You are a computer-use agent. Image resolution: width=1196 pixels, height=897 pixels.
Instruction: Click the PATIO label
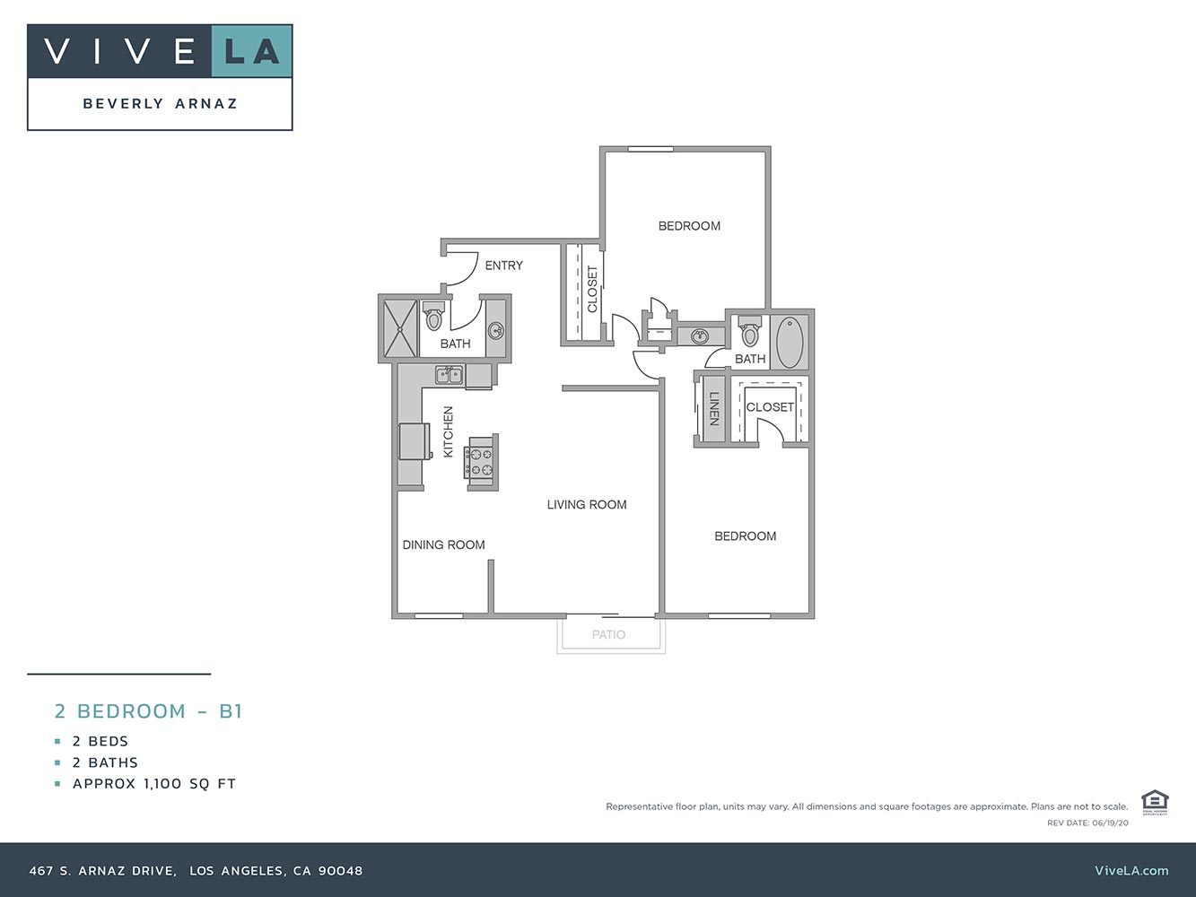[608, 635]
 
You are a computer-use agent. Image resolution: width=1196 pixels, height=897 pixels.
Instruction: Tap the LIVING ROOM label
[587, 505]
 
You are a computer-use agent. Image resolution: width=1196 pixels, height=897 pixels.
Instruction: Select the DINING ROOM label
[443, 544]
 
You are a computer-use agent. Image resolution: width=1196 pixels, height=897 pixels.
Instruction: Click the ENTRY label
[503, 266]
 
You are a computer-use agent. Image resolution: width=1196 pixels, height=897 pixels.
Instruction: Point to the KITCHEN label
[449, 431]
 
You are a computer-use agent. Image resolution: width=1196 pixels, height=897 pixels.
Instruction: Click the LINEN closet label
[715, 409]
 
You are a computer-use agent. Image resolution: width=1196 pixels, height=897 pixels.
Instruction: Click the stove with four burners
[481, 462]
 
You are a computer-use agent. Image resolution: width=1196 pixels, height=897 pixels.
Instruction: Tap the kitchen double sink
[449, 375]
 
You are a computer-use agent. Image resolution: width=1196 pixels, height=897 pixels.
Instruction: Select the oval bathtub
[790, 341]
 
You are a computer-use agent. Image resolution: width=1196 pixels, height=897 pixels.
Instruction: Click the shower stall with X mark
[400, 328]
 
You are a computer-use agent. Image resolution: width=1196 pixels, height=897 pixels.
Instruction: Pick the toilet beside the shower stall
[434, 318]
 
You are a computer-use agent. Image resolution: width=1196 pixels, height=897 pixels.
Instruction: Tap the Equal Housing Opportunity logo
[1154, 802]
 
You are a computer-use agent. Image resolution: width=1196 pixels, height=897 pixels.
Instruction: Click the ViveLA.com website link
[1131, 870]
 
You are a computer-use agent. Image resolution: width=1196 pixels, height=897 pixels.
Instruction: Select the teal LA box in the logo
[252, 51]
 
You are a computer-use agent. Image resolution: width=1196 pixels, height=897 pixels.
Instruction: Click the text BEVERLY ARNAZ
[161, 104]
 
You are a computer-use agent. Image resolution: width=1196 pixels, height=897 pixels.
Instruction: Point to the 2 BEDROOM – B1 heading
[149, 711]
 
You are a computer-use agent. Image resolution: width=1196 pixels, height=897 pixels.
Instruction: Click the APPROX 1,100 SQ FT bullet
[153, 784]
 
